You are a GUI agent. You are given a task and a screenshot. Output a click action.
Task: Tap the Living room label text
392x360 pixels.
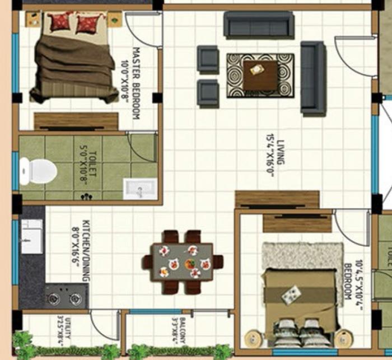coord(280,152)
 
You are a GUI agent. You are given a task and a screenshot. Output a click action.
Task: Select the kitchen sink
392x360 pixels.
coord(31,236)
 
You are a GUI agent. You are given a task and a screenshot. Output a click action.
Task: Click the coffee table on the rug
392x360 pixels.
coord(260,76)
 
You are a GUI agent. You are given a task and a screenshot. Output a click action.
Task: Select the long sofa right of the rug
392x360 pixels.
coord(313,78)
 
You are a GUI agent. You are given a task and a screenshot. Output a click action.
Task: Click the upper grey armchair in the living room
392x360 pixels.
coord(208,59)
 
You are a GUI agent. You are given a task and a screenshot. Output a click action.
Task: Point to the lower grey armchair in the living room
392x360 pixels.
coord(208,92)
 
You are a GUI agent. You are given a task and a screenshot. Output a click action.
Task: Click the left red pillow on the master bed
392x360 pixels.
coord(60,22)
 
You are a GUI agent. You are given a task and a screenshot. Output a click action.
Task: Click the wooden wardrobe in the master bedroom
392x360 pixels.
coord(76,121)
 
